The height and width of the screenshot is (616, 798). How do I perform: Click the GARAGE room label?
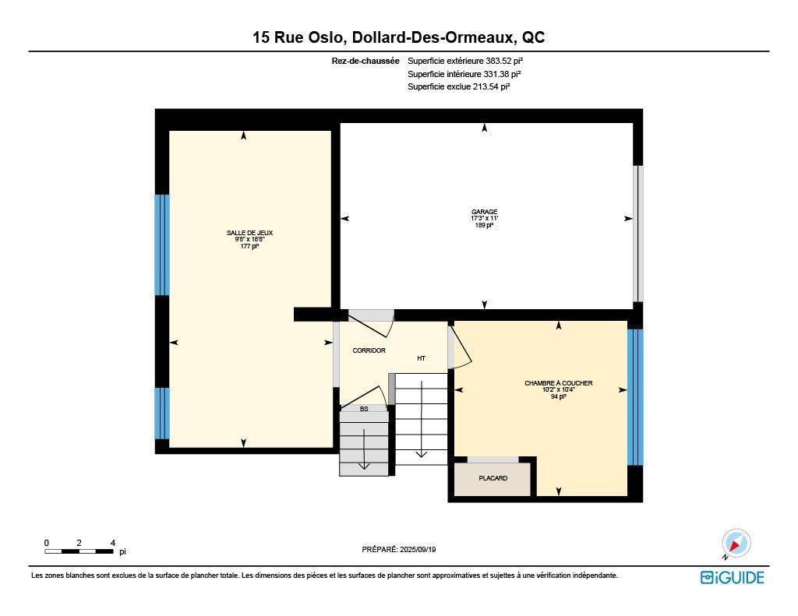click(x=484, y=212)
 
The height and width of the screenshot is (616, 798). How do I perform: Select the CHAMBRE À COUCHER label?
click(x=558, y=383)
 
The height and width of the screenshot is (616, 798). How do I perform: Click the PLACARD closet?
click(x=493, y=478)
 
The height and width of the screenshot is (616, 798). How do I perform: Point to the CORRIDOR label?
click(x=369, y=350)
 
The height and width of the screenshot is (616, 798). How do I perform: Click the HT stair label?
click(x=421, y=358)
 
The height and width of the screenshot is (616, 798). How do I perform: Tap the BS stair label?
click(x=364, y=408)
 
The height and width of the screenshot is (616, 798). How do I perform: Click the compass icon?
click(x=735, y=543)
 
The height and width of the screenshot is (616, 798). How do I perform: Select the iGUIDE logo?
click(x=732, y=577)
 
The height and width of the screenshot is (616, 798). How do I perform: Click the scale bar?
click(x=80, y=551)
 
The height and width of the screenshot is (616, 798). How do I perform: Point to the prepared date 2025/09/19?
click(x=399, y=549)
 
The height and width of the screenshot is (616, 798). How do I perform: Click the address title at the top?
click(x=398, y=37)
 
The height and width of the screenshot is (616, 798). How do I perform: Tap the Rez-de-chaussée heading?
click(x=365, y=61)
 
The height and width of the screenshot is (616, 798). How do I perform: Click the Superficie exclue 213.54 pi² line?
click(x=458, y=87)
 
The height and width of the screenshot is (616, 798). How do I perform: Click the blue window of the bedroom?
click(x=635, y=396)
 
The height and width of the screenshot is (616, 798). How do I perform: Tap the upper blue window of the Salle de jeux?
click(x=162, y=245)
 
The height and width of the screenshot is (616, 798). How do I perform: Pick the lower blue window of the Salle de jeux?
click(x=162, y=413)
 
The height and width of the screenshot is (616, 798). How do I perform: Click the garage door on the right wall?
click(x=638, y=233)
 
